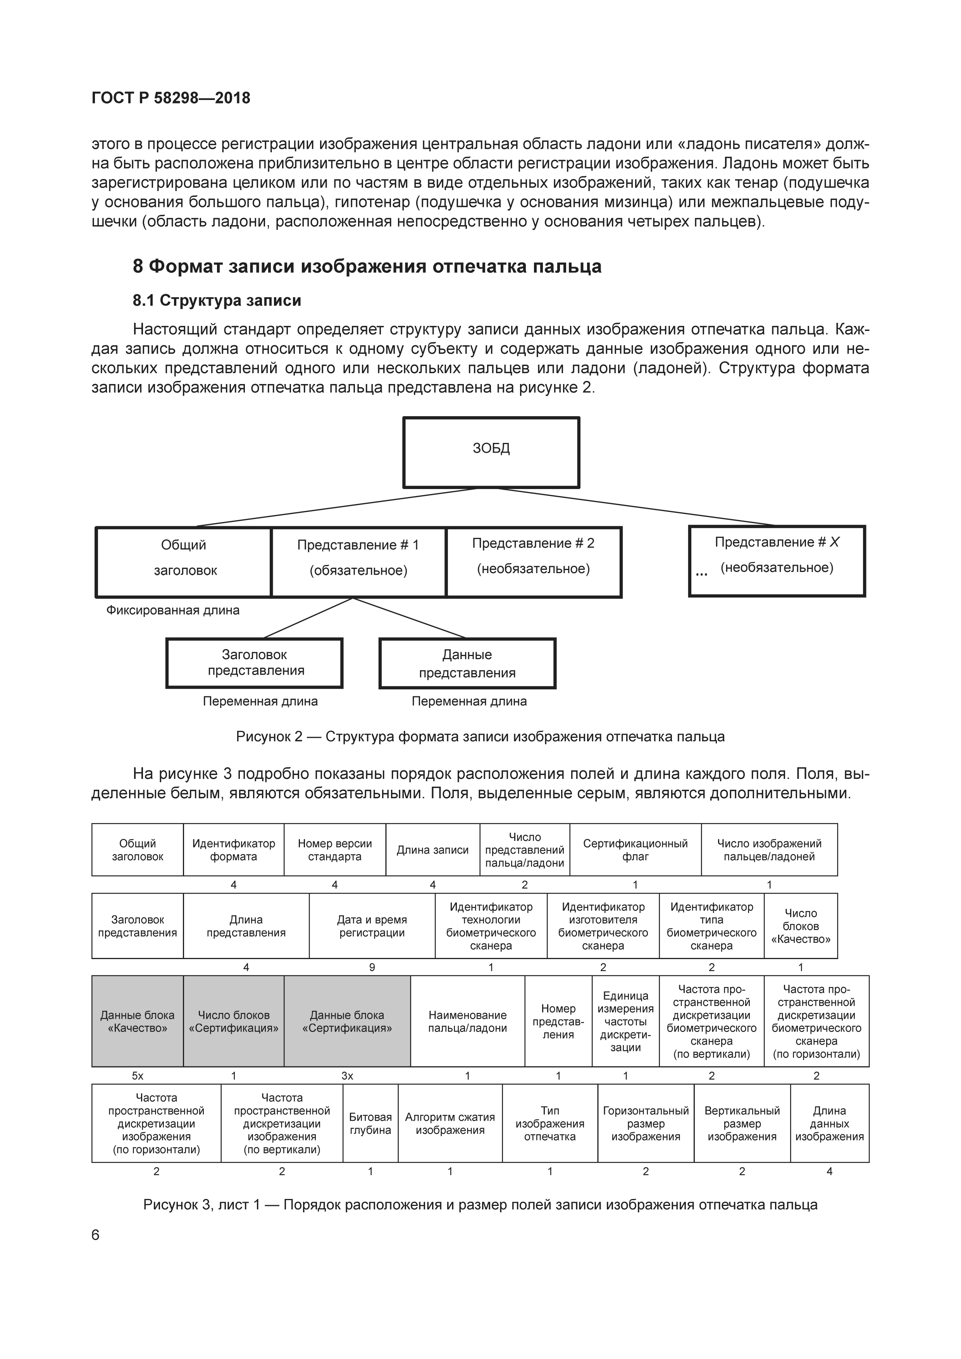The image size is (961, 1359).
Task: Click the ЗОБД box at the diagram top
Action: [x=491, y=452]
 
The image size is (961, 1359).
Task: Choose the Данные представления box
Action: [x=467, y=663]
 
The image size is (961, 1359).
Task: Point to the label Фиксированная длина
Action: [x=173, y=610]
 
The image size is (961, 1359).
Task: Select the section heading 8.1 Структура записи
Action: [x=217, y=301]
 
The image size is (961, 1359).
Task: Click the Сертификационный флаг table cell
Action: [x=635, y=850]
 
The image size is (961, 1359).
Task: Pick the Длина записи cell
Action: [x=432, y=850]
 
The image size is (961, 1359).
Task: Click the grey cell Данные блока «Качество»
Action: [x=137, y=1021]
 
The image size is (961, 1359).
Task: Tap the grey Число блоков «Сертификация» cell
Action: [x=233, y=1021]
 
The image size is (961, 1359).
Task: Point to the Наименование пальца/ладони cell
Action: [x=467, y=1021]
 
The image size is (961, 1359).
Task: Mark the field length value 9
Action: [x=372, y=967]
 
